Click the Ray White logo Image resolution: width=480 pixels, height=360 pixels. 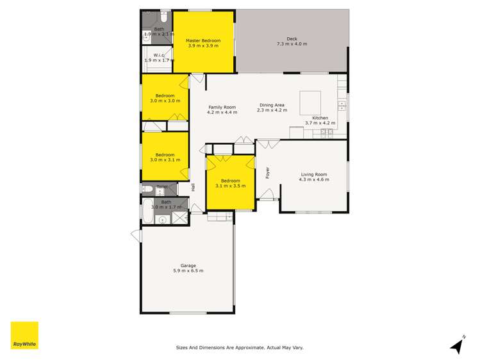(24, 335)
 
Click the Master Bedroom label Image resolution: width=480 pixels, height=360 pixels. (203, 40)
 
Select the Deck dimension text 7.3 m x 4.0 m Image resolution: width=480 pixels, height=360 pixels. (292, 44)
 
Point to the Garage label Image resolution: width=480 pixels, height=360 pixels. (188, 265)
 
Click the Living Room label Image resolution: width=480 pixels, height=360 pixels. (313, 174)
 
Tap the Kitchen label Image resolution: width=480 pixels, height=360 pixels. (320, 118)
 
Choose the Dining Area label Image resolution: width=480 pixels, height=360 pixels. (272, 105)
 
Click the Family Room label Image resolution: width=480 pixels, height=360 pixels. (222, 107)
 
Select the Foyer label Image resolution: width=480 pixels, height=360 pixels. (268, 172)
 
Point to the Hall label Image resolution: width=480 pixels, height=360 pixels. (193, 187)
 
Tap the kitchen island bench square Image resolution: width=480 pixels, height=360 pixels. (311, 101)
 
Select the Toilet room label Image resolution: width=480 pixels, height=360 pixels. (161, 186)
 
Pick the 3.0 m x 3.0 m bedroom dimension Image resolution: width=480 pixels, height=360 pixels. (165, 101)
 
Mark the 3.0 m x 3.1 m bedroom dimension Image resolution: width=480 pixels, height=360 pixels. (165, 160)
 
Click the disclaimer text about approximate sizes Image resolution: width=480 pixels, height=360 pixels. (240, 348)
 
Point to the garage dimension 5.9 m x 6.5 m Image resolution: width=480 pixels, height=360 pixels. (188, 271)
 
